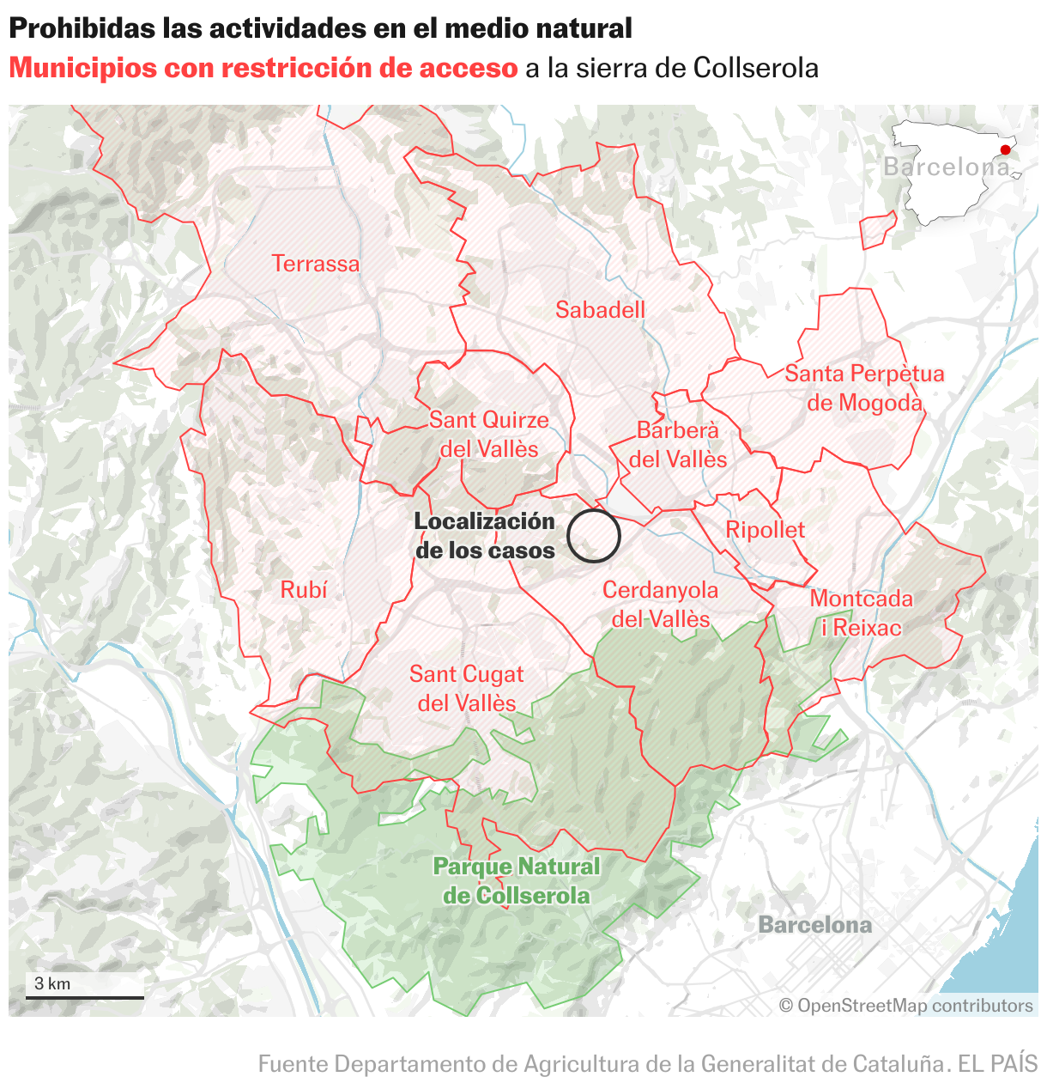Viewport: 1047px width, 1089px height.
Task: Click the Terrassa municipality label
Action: tap(315, 264)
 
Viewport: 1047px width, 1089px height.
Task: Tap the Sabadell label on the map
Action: tap(600, 310)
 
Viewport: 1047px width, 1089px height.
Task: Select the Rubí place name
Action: tap(304, 590)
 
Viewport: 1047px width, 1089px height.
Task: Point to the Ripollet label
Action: tap(766, 530)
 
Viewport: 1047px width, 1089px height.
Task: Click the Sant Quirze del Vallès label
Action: tap(489, 435)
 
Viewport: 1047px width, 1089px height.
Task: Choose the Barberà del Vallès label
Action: tap(678, 445)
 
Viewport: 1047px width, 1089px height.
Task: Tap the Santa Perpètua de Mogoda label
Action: tap(864, 388)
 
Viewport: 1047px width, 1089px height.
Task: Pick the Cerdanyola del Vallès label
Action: tap(660, 605)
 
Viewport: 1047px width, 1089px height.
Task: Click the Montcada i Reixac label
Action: tap(861, 613)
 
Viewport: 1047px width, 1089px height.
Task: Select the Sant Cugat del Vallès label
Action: tap(467, 689)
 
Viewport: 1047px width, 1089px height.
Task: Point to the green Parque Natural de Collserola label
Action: tap(517, 881)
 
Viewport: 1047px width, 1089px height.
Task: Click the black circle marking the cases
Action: tap(593, 536)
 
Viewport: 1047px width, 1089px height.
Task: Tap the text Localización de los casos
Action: tap(485, 536)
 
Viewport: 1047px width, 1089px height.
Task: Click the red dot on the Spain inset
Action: tap(1005, 149)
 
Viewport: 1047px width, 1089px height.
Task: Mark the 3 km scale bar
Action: tap(85, 997)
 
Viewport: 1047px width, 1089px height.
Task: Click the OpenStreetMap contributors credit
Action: tap(906, 1006)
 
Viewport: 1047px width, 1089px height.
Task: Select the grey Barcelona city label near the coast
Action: tap(814, 925)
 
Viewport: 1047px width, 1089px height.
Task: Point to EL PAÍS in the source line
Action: tap(998, 1064)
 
